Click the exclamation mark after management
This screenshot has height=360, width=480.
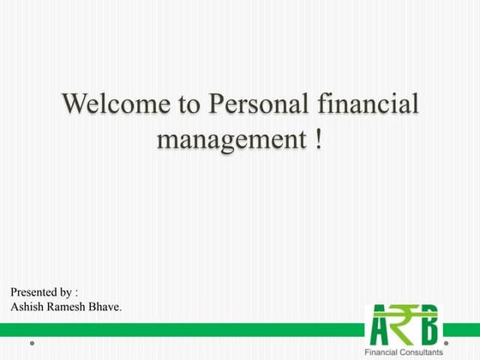click(317, 138)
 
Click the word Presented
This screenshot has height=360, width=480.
click(33, 292)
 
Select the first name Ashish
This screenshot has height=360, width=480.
click(27, 306)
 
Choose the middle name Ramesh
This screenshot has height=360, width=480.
click(67, 306)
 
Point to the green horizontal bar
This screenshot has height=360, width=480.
click(171, 329)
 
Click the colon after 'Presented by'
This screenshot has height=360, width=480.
click(77, 293)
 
